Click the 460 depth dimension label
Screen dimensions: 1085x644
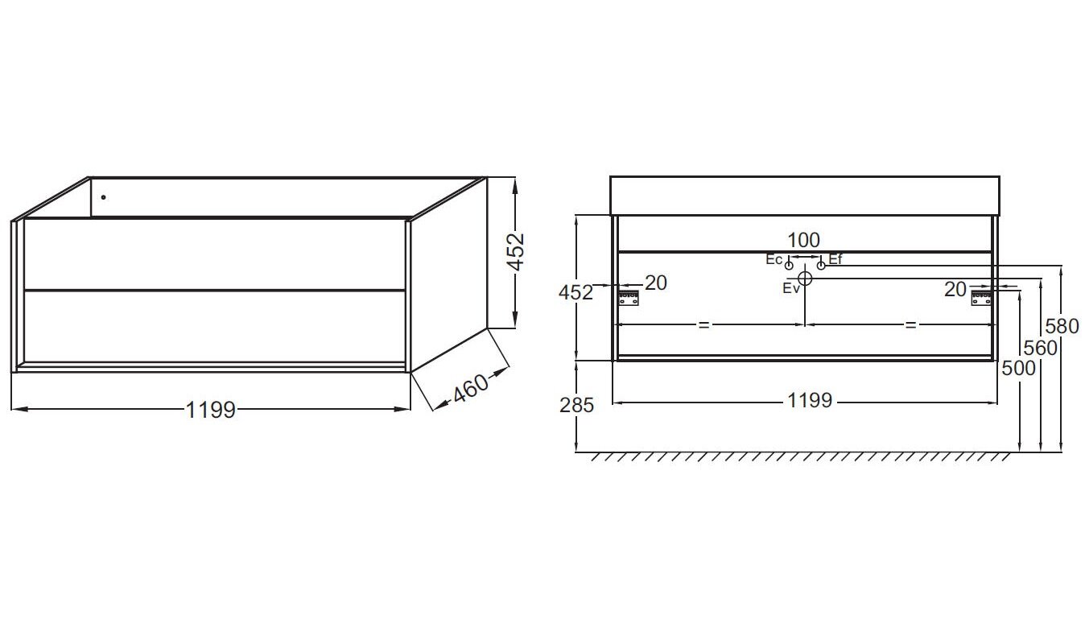point(470,388)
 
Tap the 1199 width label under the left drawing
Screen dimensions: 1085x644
point(211,410)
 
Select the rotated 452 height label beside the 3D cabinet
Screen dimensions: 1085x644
point(515,252)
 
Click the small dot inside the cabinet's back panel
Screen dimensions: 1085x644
point(103,197)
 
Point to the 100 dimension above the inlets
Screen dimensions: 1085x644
point(803,240)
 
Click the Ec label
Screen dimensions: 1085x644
point(774,260)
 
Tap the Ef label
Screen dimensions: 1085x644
point(835,259)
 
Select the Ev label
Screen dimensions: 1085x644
point(790,288)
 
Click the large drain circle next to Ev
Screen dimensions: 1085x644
point(805,279)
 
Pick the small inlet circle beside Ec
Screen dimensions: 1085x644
point(789,266)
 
